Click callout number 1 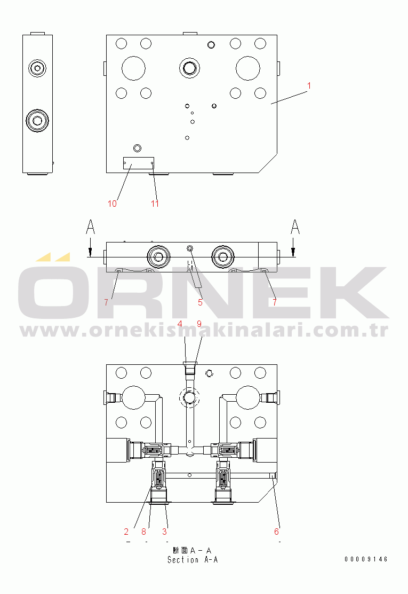(x=309, y=85)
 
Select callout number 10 (x=113, y=204)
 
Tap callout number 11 (x=155, y=204)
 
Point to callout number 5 (x=200, y=302)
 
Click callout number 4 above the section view (x=180, y=324)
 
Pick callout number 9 (x=199, y=324)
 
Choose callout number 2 (x=126, y=532)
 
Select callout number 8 (x=143, y=532)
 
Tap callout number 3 (x=164, y=532)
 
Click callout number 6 (x=276, y=532)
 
